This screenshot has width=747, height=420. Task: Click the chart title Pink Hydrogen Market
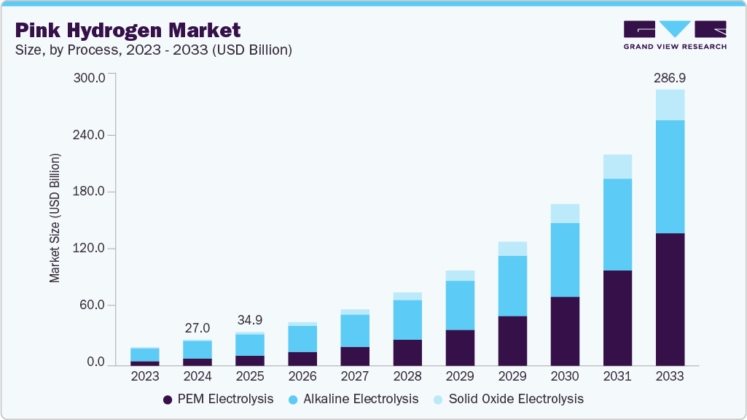tap(128, 30)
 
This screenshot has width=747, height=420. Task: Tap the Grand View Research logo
tap(674, 34)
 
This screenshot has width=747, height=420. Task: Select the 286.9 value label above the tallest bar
tap(669, 77)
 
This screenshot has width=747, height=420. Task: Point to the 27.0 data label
tap(197, 328)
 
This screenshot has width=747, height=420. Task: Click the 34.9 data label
tap(250, 320)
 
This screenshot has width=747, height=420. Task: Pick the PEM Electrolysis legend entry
tap(218, 399)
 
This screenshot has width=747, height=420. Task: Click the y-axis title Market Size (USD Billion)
tap(55, 219)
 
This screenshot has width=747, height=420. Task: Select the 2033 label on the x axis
tap(669, 377)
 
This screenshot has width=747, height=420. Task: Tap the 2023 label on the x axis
tap(144, 377)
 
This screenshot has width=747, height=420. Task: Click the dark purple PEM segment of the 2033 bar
tap(669, 299)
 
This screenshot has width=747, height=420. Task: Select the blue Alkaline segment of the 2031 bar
tap(617, 225)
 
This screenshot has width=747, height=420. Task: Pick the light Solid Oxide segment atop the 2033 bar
tap(669, 105)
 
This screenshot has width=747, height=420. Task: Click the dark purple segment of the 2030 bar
tap(564, 331)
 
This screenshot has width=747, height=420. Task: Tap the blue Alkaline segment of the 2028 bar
tap(407, 320)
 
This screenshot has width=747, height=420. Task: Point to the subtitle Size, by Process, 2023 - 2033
tap(154, 50)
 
